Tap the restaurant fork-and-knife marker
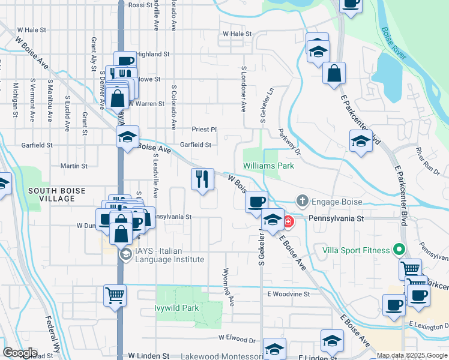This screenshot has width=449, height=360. point(202,179)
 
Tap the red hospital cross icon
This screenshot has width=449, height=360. point(289,221)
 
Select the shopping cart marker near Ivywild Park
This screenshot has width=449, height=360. point(115,295)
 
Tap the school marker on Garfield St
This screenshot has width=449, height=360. point(128,137)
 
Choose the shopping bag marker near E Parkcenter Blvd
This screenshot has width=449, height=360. point(334,74)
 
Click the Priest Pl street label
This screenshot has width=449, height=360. point(203,129)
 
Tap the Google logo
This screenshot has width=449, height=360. point(19,353)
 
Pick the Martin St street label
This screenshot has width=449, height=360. point(74,166)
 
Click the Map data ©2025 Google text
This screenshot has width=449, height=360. point(412,355)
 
